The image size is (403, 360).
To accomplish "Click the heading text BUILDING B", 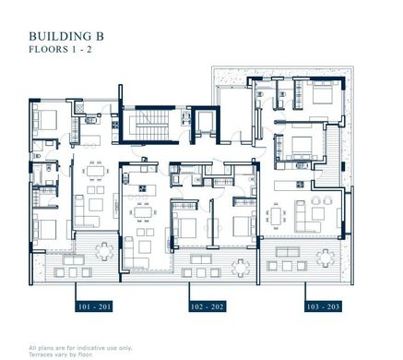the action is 66,36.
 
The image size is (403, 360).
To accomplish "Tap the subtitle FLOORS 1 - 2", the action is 60,50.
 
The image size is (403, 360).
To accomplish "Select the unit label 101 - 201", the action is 94,306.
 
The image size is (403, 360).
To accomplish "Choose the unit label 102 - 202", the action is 207,306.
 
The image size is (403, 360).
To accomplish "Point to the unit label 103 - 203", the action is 323,306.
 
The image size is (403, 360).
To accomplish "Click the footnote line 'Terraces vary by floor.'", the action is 61,354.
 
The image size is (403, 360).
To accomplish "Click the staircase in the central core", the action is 152,126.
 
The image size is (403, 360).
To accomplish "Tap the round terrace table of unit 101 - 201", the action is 104,251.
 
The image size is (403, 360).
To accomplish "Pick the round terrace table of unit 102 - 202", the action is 241,268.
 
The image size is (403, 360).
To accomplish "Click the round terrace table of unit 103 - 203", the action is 326,258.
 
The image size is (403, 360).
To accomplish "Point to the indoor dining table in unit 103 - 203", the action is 276,216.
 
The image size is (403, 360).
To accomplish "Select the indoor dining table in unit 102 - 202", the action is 143,212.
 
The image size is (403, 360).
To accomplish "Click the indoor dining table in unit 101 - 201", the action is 94,170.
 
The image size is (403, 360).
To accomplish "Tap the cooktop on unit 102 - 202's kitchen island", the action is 143,188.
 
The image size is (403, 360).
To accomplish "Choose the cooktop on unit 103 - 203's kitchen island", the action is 300,185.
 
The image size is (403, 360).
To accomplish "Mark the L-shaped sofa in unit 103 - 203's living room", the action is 306,217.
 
